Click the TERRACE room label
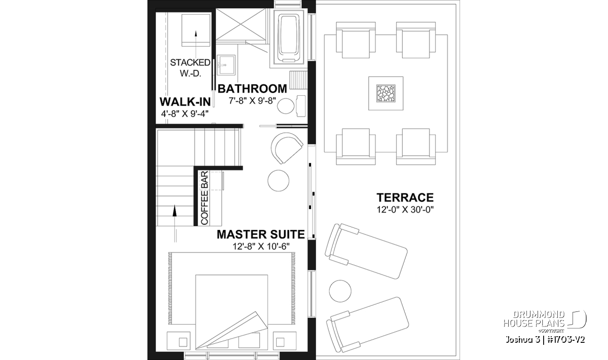click(405, 197)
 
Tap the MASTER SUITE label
click(260, 234)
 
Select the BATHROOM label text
click(252, 89)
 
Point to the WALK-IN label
click(185, 102)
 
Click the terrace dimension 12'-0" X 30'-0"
click(405, 210)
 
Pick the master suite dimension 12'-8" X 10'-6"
click(261, 247)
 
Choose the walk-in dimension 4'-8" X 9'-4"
click(185, 113)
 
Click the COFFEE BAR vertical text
click(204, 198)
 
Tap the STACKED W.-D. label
click(190, 68)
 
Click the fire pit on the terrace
click(386, 93)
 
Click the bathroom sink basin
click(226, 65)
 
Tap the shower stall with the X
click(241, 25)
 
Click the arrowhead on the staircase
click(174, 211)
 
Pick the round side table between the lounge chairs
click(340, 291)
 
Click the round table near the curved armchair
click(278, 180)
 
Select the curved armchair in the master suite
click(286, 148)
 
